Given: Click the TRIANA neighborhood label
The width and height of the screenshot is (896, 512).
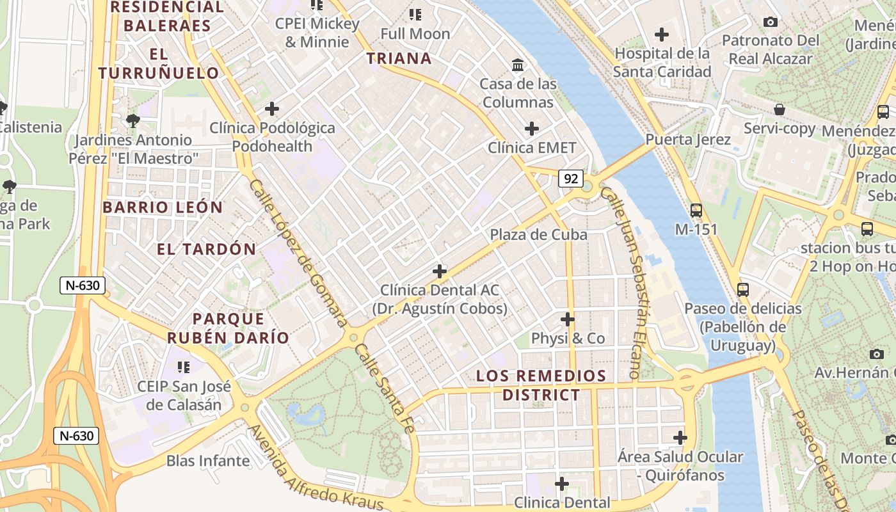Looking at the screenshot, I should (399, 58).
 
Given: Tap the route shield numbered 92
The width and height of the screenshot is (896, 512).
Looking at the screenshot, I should (570, 179).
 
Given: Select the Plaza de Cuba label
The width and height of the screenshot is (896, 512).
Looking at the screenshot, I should (538, 235).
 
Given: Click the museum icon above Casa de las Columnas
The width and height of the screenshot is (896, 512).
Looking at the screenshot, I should (518, 65).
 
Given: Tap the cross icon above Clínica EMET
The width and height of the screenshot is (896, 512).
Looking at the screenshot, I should (531, 129).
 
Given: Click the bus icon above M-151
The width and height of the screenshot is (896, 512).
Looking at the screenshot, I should (696, 210).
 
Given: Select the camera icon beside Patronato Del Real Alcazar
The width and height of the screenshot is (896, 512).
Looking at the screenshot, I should (771, 22).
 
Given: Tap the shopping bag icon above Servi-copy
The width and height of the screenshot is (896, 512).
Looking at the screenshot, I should (779, 109).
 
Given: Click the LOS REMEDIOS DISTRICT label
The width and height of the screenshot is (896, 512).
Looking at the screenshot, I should (541, 385).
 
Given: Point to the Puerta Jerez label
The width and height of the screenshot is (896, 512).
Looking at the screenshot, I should (688, 140).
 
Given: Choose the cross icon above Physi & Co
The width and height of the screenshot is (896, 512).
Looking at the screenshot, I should (567, 319).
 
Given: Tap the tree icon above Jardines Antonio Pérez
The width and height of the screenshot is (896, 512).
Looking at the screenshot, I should (132, 120).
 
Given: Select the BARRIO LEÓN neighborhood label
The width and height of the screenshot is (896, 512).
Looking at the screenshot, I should (163, 207).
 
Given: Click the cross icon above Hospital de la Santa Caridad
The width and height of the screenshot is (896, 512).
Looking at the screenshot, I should (662, 35).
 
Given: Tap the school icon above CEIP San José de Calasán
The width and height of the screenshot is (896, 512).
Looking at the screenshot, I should (184, 367).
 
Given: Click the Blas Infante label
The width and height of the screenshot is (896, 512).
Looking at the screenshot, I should (208, 461).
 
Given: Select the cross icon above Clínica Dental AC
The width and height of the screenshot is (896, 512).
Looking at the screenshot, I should (439, 271).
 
